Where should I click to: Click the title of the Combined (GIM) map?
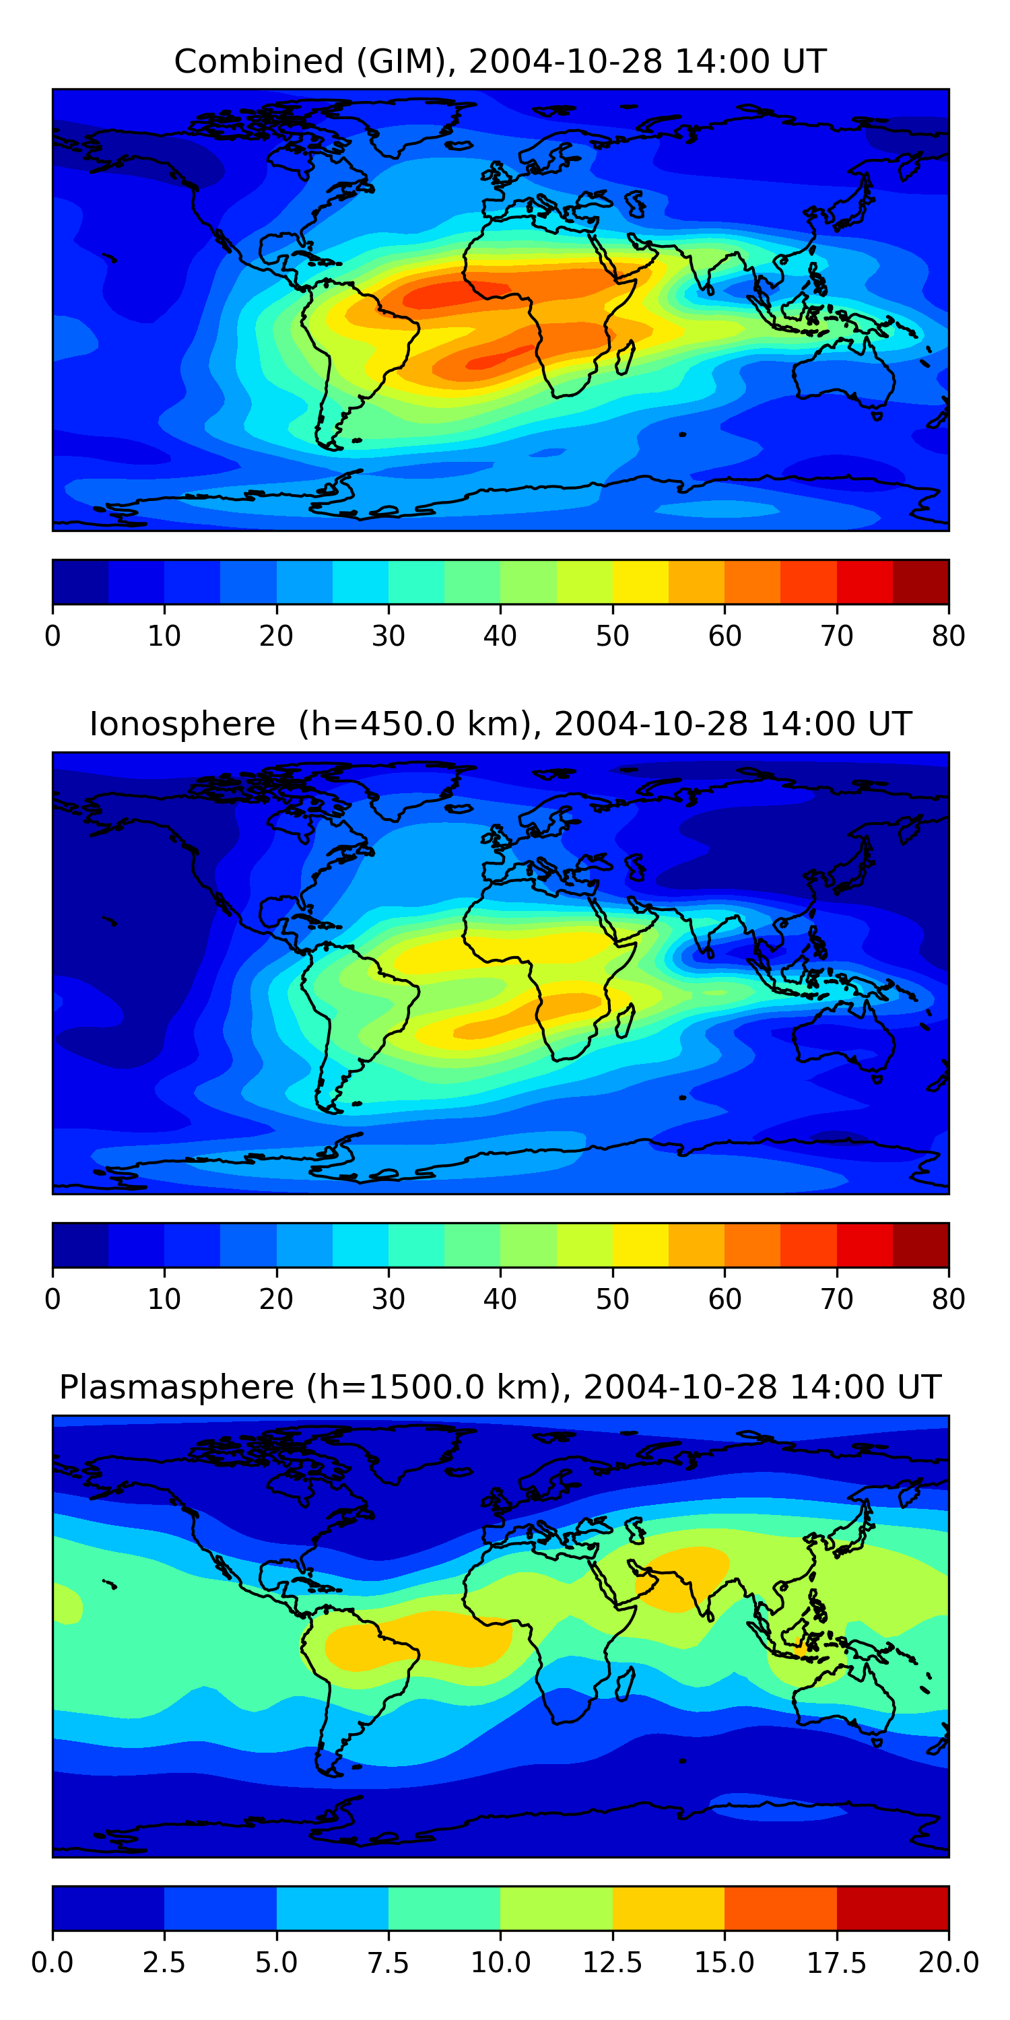tap(500, 61)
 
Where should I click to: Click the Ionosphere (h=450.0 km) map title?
tap(500, 724)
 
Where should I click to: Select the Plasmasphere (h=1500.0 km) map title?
tap(500, 1387)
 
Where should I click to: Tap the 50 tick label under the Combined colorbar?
tap(613, 636)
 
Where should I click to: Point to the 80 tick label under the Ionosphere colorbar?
tap(948, 1300)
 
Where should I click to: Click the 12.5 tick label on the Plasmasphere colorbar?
tap(613, 1963)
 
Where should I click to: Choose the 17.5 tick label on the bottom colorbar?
tap(837, 1963)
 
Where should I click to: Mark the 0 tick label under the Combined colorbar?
tap(53, 636)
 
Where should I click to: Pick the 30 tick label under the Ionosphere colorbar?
tap(388, 1300)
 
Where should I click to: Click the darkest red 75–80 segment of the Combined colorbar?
tap(920, 582)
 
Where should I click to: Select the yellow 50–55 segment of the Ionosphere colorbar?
tap(640, 1244)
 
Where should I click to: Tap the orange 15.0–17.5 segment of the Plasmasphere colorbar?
tap(780, 1908)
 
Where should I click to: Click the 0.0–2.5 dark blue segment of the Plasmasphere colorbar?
tap(108, 1908)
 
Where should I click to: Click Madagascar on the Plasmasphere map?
tap(625, 1683)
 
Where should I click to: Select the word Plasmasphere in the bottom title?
tap(176, 1387)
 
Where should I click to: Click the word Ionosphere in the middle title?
tap(182, 724)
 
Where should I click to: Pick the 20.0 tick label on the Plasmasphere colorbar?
tap(948, 1963)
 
